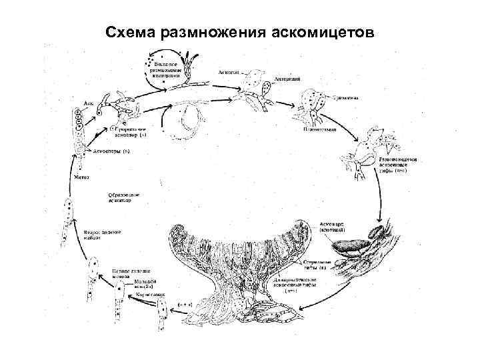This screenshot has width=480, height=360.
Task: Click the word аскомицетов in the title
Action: click(319, 31)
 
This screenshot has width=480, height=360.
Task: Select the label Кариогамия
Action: click(150, 294)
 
